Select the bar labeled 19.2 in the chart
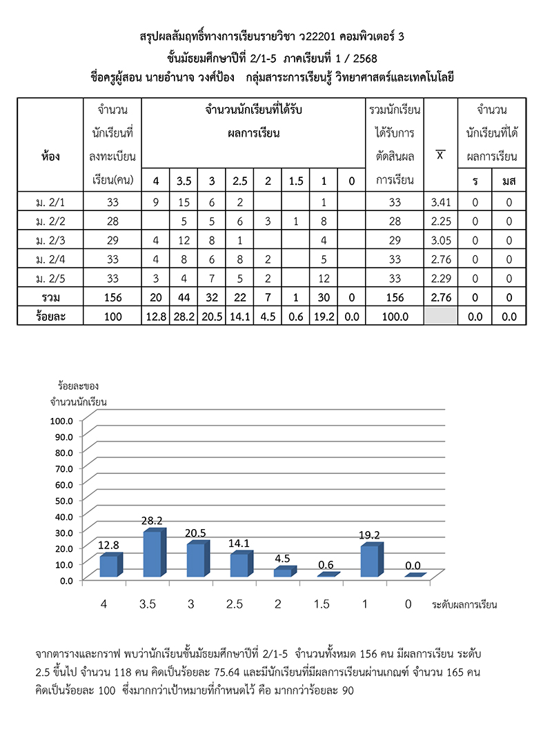tap(369, 561)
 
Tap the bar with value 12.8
tap(108, 566)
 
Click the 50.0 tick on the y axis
tap(61, 499)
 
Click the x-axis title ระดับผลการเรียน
tap(464, 605)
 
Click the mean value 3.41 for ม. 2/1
tap(440, 203)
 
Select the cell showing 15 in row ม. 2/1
tap(184, 203)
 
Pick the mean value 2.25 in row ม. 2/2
tap(440, 221)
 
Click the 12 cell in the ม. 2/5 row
tap(323, 279)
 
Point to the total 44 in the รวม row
tap(184, 297)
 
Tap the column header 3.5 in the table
tap(184, 181)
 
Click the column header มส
tap(509, 181)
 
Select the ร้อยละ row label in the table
tap(50, 316)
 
